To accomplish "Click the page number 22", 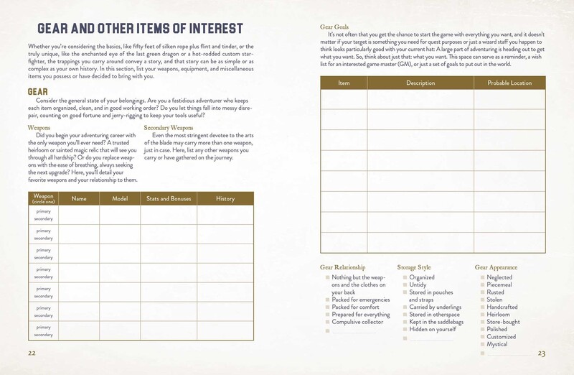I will [x=32, y=353].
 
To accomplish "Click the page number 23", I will [x=542, y=353].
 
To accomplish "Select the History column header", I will [x=225, y=198].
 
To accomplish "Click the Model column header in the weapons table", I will [x=120, y=198].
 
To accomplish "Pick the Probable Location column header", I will [x=509, y=83].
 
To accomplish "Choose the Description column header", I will [x=420, y=83].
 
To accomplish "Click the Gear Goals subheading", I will [x=334, y=27].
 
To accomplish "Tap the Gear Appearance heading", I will [x=497, y=267].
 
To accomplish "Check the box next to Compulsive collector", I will [x=328, y=322].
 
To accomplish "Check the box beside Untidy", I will [x=405, y=284].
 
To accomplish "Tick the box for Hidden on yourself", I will [x=405, y=330].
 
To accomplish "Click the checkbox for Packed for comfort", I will [x=328, y=307].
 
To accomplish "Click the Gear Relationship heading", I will [x=347, y=267].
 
